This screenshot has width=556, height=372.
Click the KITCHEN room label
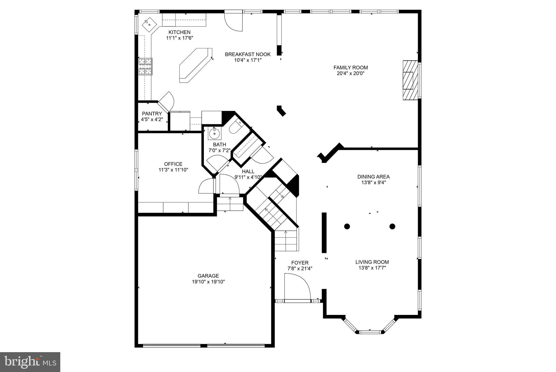[179, 32]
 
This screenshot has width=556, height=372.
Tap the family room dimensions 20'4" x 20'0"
[350, 73]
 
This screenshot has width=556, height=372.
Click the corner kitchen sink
[149, 24]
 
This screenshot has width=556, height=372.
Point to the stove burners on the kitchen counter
[145, 67]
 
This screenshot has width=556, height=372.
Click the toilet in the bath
[235, 126]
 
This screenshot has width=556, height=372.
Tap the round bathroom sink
[214, 134]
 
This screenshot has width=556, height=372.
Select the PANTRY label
[152, 114]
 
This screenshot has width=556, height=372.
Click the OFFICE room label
[173, 164]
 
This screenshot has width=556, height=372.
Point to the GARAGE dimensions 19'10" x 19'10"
[208, 282]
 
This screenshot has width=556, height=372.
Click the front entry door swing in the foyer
[297, 287]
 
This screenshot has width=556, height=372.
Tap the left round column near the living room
[347, 226]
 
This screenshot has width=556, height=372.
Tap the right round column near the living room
[392, 226]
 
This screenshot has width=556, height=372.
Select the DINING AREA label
[373, 177]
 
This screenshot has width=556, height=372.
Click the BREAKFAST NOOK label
[248, 54]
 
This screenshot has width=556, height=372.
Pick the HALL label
[248, 171]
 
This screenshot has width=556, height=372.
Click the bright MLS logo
[30, 362]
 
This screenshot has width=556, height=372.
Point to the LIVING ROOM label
[372, 262]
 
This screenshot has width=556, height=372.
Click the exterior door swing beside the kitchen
[233, 22]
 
